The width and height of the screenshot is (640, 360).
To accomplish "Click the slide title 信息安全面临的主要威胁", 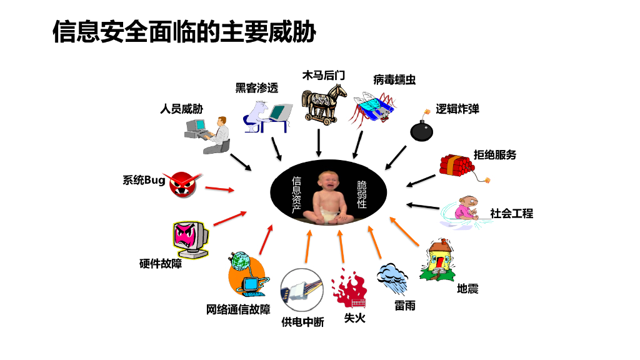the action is click(x=184, y=31).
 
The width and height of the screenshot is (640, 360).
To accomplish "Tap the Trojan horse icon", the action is click(x=324, y=104).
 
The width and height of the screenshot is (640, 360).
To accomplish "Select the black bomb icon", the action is click(x=422, y=130).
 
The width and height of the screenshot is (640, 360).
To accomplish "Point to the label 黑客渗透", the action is click(x=256, y=88).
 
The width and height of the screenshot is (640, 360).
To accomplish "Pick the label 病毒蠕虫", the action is click(x=394, y=79).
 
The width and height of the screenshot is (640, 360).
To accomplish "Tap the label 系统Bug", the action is click(x=144, y=181).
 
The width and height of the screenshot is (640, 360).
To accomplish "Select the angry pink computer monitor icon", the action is click(x=190, y=237).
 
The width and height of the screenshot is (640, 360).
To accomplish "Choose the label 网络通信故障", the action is click(x=238, y=309).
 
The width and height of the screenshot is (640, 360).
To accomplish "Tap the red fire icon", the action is click(x=349, y=289).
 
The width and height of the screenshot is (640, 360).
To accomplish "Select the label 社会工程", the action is click(x=511, y=214).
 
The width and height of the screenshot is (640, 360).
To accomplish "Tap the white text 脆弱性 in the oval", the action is click(x=362, y=194).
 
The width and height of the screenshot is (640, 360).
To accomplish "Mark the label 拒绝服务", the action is click(x=495, y=155).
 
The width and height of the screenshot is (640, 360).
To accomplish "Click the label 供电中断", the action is click(x=302, y=322).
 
